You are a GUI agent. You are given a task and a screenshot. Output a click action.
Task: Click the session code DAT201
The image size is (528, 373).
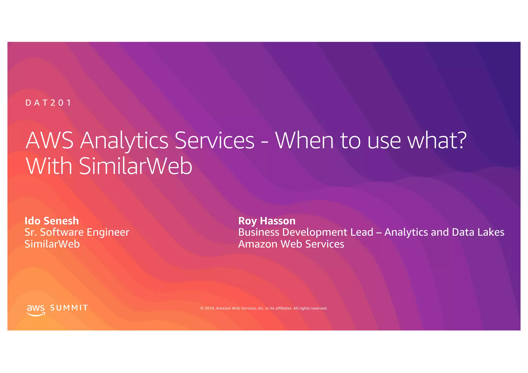(x=48, y=103)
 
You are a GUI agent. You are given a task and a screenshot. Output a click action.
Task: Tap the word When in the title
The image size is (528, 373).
(x=304, y=140)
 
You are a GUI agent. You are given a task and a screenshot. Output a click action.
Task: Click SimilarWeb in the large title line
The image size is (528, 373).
(x=136, y=166)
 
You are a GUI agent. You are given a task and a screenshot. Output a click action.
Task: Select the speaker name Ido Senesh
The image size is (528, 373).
(x=52, y=221)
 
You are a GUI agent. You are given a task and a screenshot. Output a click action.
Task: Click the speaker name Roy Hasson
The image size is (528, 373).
(x=267, y=221)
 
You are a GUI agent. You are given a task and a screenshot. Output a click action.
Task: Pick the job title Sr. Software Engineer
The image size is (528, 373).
(x=77, y=232)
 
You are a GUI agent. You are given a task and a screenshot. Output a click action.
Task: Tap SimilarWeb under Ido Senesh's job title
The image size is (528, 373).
(x=52, y=244)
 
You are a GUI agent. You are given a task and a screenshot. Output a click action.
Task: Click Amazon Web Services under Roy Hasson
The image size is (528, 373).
(x=291, y=244)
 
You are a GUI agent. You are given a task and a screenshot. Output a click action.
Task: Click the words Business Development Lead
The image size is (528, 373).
(x=306, y=232)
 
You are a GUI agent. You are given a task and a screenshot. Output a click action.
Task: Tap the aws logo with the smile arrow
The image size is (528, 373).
(x=36, y=310)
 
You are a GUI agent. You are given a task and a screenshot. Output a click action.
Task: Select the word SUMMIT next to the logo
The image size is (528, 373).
(x=69, y=308)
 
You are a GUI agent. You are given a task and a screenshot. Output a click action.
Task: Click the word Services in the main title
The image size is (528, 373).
(x=214, y=140)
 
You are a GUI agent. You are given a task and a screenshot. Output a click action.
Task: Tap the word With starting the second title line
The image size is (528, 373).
(x=49, y=166)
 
